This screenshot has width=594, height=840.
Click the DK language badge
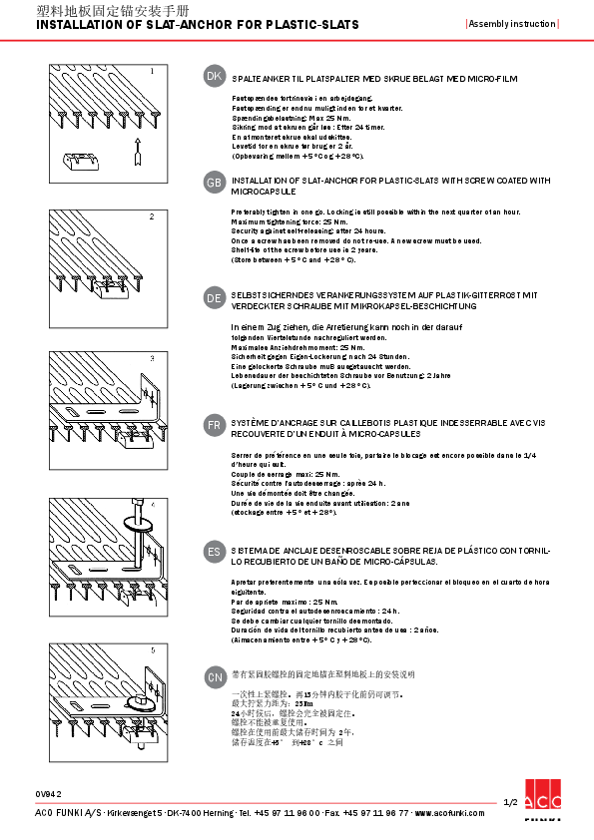214,76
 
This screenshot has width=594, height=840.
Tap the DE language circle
214,297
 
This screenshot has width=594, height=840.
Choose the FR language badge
214,424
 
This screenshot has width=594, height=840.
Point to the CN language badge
214,676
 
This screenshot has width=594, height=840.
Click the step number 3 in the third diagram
152,358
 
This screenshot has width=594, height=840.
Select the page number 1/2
509,802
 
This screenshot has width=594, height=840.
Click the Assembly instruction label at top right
511,23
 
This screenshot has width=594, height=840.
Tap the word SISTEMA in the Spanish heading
250,550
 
